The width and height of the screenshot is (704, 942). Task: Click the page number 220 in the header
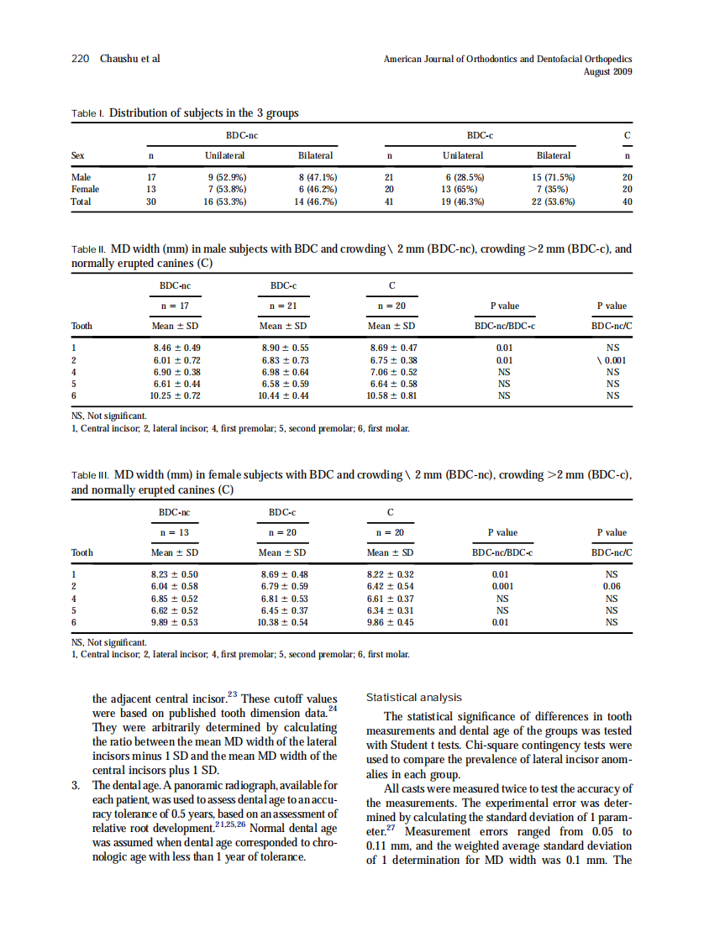[x=79, y=59]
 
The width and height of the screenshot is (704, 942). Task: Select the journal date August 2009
[x=607, y=71]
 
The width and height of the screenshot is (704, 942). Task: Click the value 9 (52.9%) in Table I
[x=226, y=177]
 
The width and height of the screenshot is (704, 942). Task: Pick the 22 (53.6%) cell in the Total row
[x=553, y=201]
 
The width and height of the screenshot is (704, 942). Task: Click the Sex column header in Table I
[x=78, y=155]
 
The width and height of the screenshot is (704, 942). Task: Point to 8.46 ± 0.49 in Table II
[x=176, y=348]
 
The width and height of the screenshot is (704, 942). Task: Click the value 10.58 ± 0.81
[x=392, y=395]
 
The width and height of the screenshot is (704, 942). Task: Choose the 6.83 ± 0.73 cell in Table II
[x=284, y=359]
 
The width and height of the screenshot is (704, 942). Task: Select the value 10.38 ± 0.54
[x=282, y=622]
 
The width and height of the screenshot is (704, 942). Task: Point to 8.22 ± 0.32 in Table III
[x=391, y=574]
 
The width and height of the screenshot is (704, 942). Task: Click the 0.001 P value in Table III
[x=503, y=586]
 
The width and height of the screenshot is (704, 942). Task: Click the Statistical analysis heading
[x=415, y=697]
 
